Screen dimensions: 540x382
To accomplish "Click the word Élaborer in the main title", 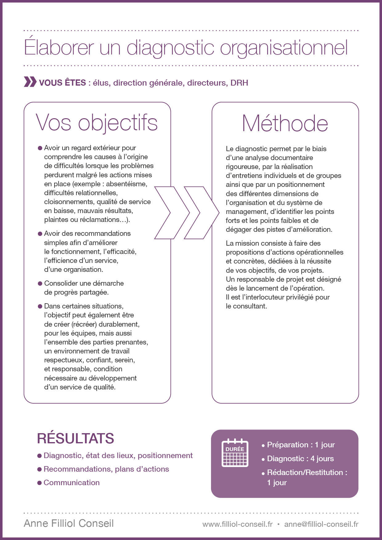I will [x=59, y=48].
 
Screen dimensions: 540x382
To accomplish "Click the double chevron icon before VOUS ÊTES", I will [x=30, y=82].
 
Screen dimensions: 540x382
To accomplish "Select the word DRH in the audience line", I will [x=239, y=83].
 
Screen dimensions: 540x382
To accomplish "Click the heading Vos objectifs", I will [x=96, y=123].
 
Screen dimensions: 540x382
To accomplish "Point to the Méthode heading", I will [x=285, y=123].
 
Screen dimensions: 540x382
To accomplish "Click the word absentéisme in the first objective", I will [x=127, y=184].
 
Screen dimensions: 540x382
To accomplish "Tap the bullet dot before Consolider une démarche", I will [x=40, y=283].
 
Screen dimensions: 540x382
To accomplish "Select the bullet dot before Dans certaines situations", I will [x=40, y=306].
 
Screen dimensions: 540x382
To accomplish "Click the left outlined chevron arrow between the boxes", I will [x=166, y=212].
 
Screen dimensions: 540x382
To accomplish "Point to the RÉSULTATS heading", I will [x=75, y=438].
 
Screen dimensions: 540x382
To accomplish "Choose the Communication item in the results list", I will [x=71, y=482].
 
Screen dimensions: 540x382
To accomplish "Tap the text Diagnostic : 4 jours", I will [x=300, y=459].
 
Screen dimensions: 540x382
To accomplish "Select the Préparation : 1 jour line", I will [x=301, y=445].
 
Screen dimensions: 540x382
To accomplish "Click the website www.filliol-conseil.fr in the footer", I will [x=237, y=524].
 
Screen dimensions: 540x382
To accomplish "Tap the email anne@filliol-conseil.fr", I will [x=321, y=524].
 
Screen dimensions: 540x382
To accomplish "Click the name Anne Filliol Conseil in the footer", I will [x=69, y=523].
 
